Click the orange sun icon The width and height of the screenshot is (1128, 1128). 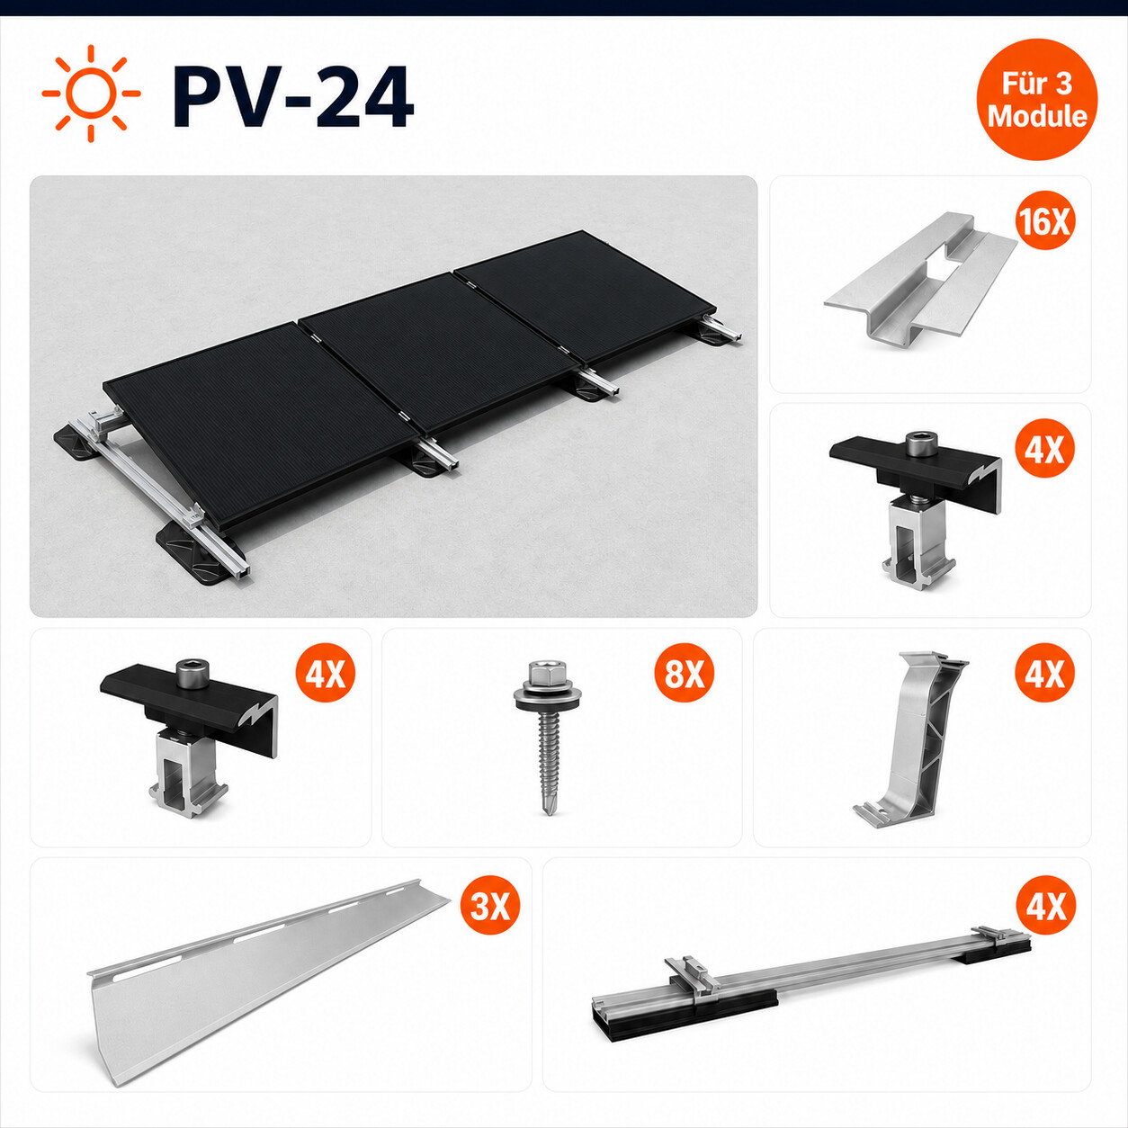(92, 93)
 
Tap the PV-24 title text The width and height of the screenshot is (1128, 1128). (292, 96)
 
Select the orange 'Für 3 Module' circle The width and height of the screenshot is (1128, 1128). (1036, 100)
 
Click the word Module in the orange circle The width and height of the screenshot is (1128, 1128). (1036, 115)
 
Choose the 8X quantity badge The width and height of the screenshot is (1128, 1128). (685, 674)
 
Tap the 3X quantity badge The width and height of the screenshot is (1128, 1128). (490, 906)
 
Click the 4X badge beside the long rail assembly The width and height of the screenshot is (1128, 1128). (1045, 906)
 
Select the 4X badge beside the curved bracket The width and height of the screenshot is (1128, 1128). (1045, 674)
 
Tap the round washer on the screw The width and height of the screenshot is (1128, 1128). (547, 696)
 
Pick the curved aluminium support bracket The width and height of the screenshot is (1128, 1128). (913, 738)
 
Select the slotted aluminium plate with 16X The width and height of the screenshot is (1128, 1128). (919, 281)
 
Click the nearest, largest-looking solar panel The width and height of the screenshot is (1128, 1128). (261, 425)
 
